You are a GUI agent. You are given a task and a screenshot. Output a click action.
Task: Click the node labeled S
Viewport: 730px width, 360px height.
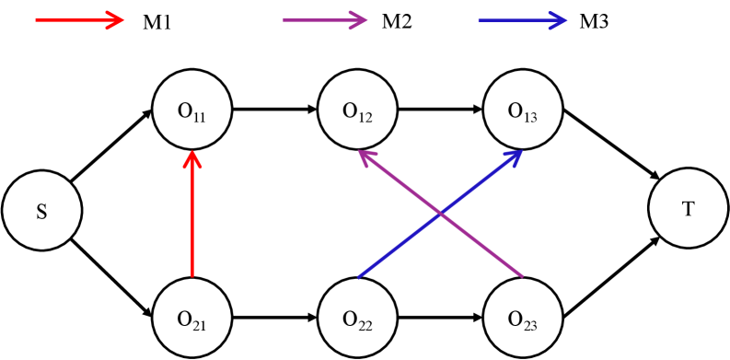coord(41,213)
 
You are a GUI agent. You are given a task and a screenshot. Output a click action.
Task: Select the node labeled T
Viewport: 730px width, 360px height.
coord(688,209)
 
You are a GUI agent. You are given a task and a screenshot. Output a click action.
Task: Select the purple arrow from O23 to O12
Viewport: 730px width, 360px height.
coord(442,214)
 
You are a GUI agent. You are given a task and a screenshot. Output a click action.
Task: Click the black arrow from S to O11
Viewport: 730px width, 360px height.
coord(110,147)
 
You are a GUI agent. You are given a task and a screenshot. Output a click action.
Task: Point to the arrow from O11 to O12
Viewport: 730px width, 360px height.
coord(274,110)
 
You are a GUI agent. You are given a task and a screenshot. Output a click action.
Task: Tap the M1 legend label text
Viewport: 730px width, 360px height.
coord(157,22)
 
